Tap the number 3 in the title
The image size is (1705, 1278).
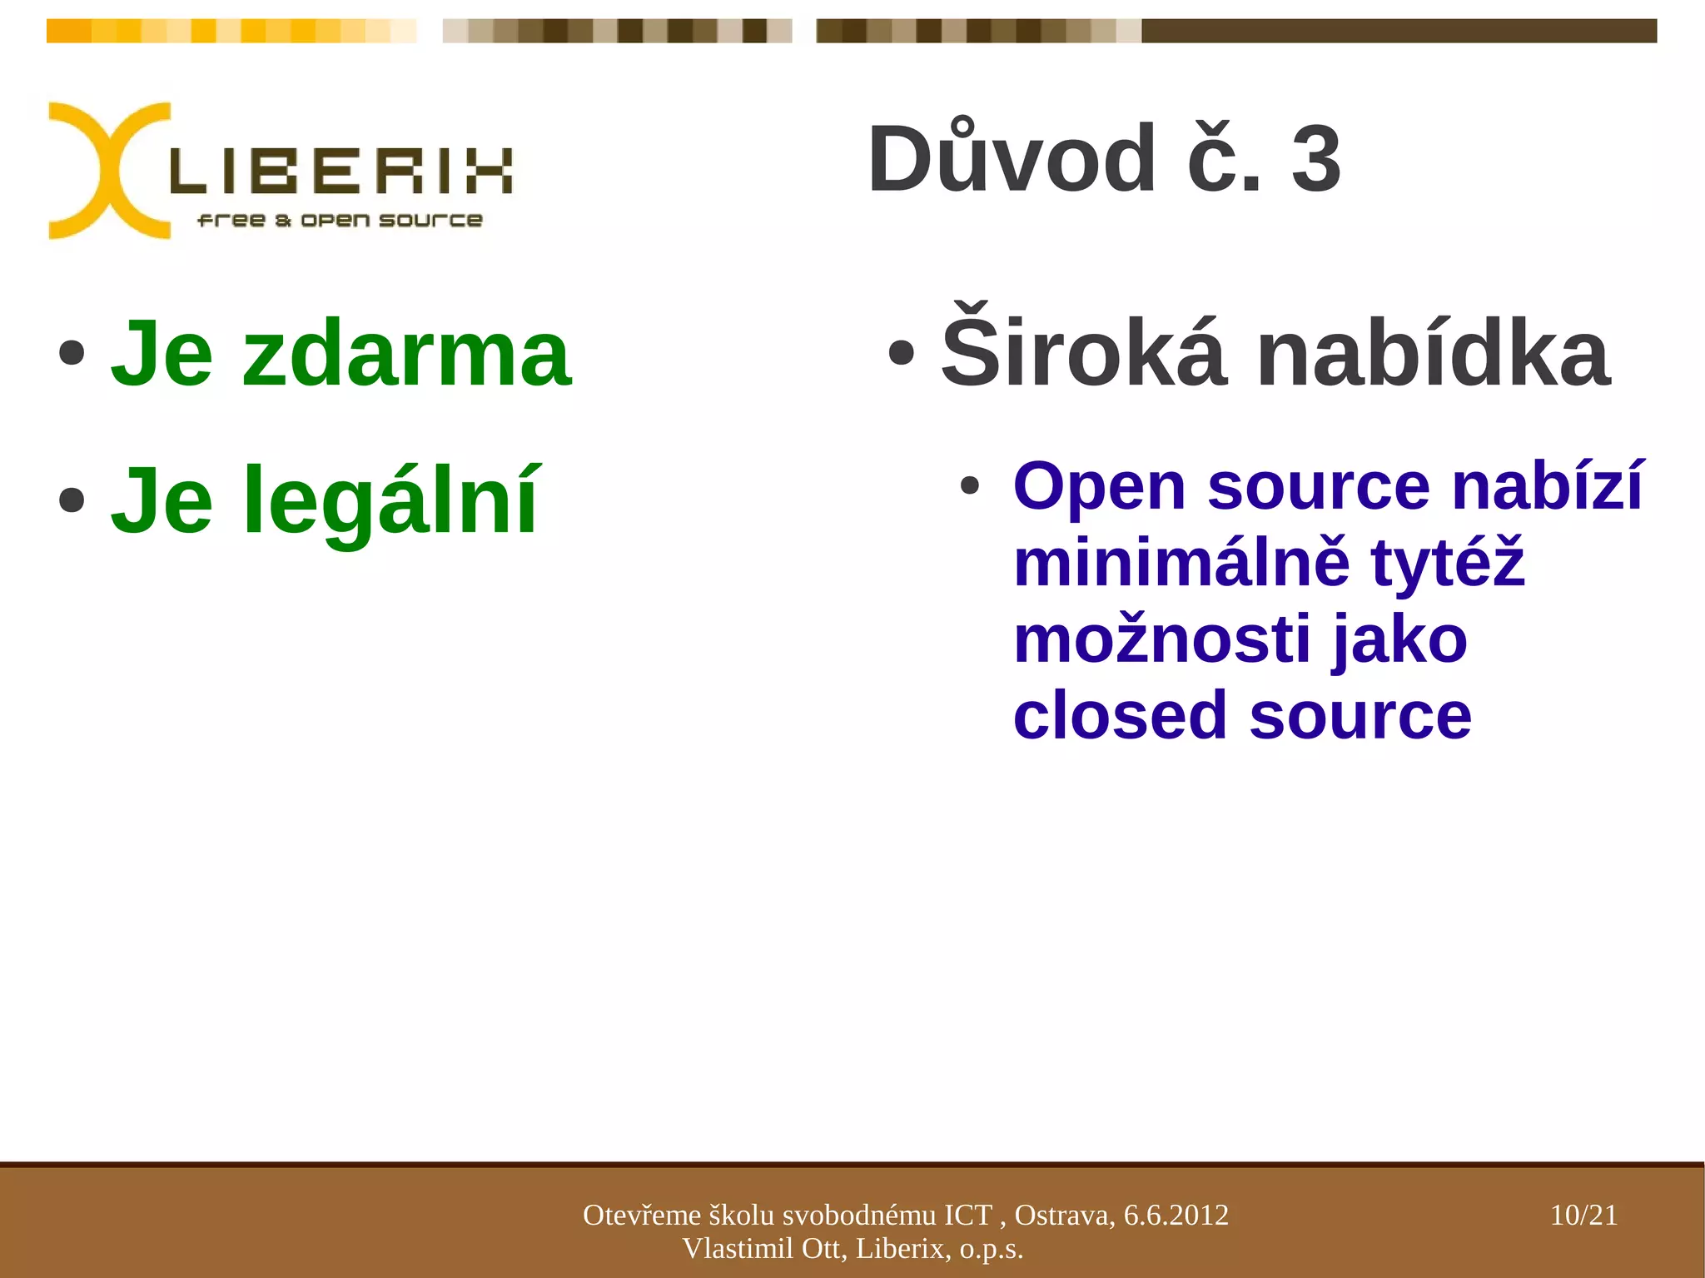click(x=1316, y=158)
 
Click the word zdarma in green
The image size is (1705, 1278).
click(x=406, y=355)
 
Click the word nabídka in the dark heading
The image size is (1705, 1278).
click(x=1433, y=355)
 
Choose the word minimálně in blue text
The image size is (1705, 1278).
click(x=1181, y=563)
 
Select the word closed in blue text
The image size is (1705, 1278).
click(x=1120, y=716)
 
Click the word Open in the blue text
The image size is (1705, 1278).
click(x=1099, y=486)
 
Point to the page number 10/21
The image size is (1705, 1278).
click(x=1583, y=1215)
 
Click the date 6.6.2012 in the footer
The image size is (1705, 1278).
click(x=1176, y=1215)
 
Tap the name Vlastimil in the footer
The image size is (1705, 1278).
click(x=737, y=1248)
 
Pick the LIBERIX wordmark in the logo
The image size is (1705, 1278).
click(x=341, y=172)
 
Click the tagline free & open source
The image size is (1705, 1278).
click(x=340, y=221)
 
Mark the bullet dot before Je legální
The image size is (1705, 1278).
click(x=72, y=500)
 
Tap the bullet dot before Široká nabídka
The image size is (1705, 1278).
click(x=901, y=353)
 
